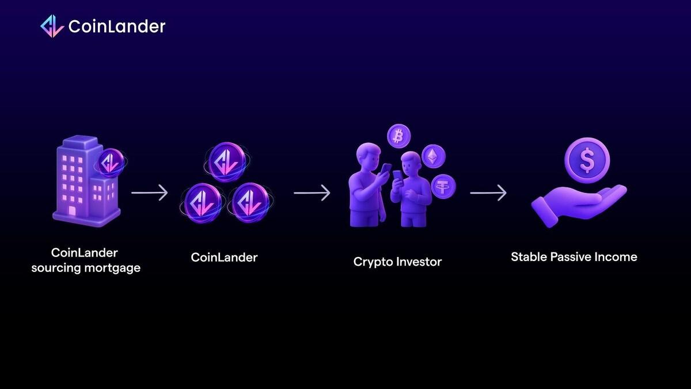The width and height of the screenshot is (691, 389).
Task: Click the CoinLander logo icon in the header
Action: point(52,26)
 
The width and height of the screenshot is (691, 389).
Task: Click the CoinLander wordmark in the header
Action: point(117,27)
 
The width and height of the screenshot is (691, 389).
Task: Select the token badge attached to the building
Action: point(109,163)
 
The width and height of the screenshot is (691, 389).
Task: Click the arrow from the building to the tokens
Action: point(149,192)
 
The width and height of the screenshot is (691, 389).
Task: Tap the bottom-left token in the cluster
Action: point(202,201)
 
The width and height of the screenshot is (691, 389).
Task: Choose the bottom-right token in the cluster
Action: point(250,202)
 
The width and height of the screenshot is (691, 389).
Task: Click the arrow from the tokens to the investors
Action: point(312,192)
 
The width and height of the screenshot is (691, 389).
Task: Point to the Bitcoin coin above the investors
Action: point(398,136)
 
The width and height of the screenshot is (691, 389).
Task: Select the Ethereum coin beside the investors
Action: point(434,155)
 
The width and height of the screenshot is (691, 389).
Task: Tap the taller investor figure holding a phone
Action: point(367,184)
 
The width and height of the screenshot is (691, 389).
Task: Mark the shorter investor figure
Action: point(411,190)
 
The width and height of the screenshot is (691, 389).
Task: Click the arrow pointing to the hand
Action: point(488,192)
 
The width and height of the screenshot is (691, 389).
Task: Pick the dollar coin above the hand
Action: point(586,160)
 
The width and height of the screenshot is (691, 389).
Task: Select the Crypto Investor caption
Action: point(397,262)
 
